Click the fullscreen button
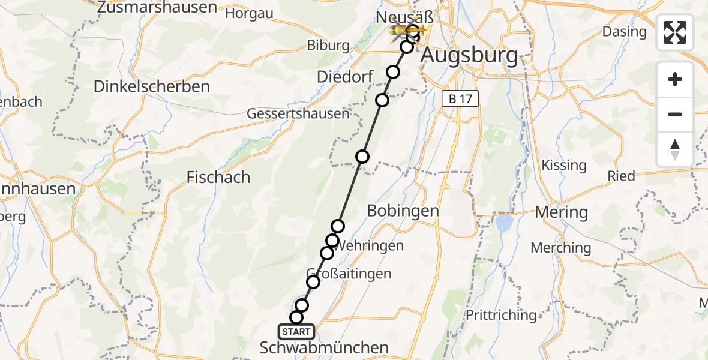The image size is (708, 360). click(x=675, y=32)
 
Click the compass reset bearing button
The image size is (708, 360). click(x=675, y=149)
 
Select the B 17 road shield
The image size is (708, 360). click(x=461, y=99)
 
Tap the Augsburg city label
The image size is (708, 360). click(x=469, y=56)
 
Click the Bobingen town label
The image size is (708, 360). click(x=403, y=211)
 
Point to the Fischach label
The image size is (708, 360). click(x=218, y=177)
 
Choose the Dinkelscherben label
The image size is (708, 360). click(x=152, y=86)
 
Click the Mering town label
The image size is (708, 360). click(x=562, y=212)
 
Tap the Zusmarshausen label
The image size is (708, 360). click(x=157, y=7)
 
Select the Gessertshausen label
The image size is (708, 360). click(x=298, y=113)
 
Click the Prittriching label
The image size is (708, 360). click(x=501, y=315)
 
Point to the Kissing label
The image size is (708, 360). click(x=563, y=165)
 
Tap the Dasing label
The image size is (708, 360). click(x=624, y=32)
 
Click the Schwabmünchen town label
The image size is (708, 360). click(x=324, y=347)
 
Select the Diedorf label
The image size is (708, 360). click(x=345, y=77)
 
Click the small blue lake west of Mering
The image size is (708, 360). click(x=503, y=224)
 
